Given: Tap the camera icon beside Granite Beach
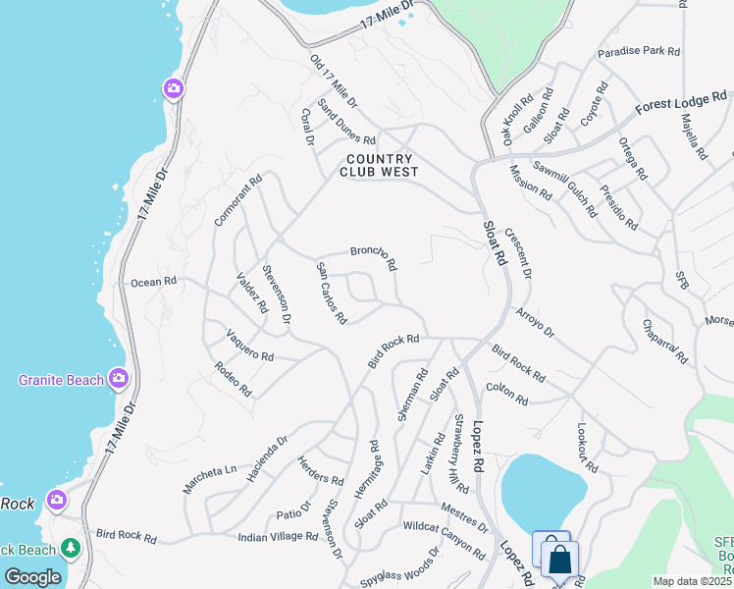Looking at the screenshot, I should click(x=119, y=378).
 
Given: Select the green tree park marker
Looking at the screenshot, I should click(x=70, y=546).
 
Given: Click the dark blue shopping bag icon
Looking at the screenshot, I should click(x=560, y=561).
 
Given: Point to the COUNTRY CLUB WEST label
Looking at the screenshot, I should click(x=379, y=165).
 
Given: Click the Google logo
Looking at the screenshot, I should click(x=32, y=577).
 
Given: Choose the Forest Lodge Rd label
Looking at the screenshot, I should click(x=680, y=101).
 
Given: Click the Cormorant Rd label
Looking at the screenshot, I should click(x=238, y=201).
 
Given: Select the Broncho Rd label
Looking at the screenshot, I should click(x=374, y=258).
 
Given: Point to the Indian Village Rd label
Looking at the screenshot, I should click(x=278, y=537).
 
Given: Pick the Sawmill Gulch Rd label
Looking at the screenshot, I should click(x=564, y=187).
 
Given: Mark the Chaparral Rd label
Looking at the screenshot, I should click(x=665, y=342).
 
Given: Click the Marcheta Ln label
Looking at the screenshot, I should click(x=210, y=478).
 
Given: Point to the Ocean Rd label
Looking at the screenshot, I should click(x=153, y=282).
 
